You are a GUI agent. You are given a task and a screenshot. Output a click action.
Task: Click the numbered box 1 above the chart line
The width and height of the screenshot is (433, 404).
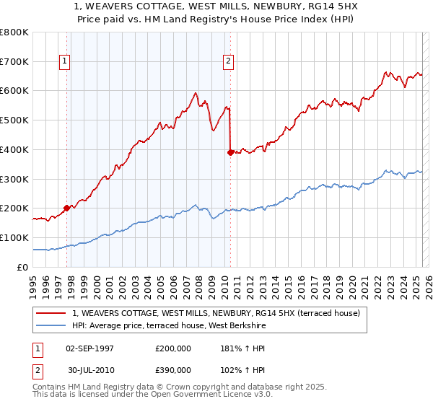tap(65, 62)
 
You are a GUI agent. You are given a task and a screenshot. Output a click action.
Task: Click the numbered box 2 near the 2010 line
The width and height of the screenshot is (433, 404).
tap(227, 62)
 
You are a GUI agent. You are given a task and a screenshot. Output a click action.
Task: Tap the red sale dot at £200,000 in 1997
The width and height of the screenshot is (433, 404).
tap(66, 208)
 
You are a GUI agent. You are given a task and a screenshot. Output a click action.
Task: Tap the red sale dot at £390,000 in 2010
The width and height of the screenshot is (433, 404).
tap(230, 152)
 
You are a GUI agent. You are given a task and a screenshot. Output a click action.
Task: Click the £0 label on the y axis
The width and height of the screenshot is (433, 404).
tap(23, 267)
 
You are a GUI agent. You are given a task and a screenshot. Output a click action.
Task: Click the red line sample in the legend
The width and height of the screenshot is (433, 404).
tap(51, 313)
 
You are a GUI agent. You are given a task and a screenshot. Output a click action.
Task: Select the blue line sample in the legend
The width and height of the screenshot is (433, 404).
tap(51, 326)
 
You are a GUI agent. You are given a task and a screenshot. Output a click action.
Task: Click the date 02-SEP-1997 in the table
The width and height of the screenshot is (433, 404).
tap(89, 348)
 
